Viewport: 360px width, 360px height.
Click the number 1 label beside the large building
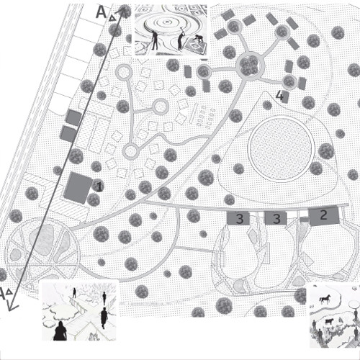coord(99,186)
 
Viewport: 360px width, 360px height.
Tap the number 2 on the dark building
coord(323,215)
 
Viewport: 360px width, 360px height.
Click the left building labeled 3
coord(238,218)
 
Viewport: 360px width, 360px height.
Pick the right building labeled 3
coord(276,218)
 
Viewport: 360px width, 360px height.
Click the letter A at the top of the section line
coord(101,12)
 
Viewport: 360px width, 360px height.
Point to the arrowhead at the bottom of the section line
coord(12,307)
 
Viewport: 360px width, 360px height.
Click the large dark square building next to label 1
coord(78,188)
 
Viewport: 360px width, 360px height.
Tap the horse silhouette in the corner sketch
coord(325,300)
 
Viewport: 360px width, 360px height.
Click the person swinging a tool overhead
coord(180,39)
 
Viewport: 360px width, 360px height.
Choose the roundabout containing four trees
coord(250,65)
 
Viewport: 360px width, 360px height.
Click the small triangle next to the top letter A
coord(112,18)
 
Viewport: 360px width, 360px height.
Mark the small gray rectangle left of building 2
coord(305,219)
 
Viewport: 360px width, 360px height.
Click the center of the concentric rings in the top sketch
coord(166,23)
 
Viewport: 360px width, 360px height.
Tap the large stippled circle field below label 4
coord(281,148)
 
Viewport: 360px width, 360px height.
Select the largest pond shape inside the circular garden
coord(42,240)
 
